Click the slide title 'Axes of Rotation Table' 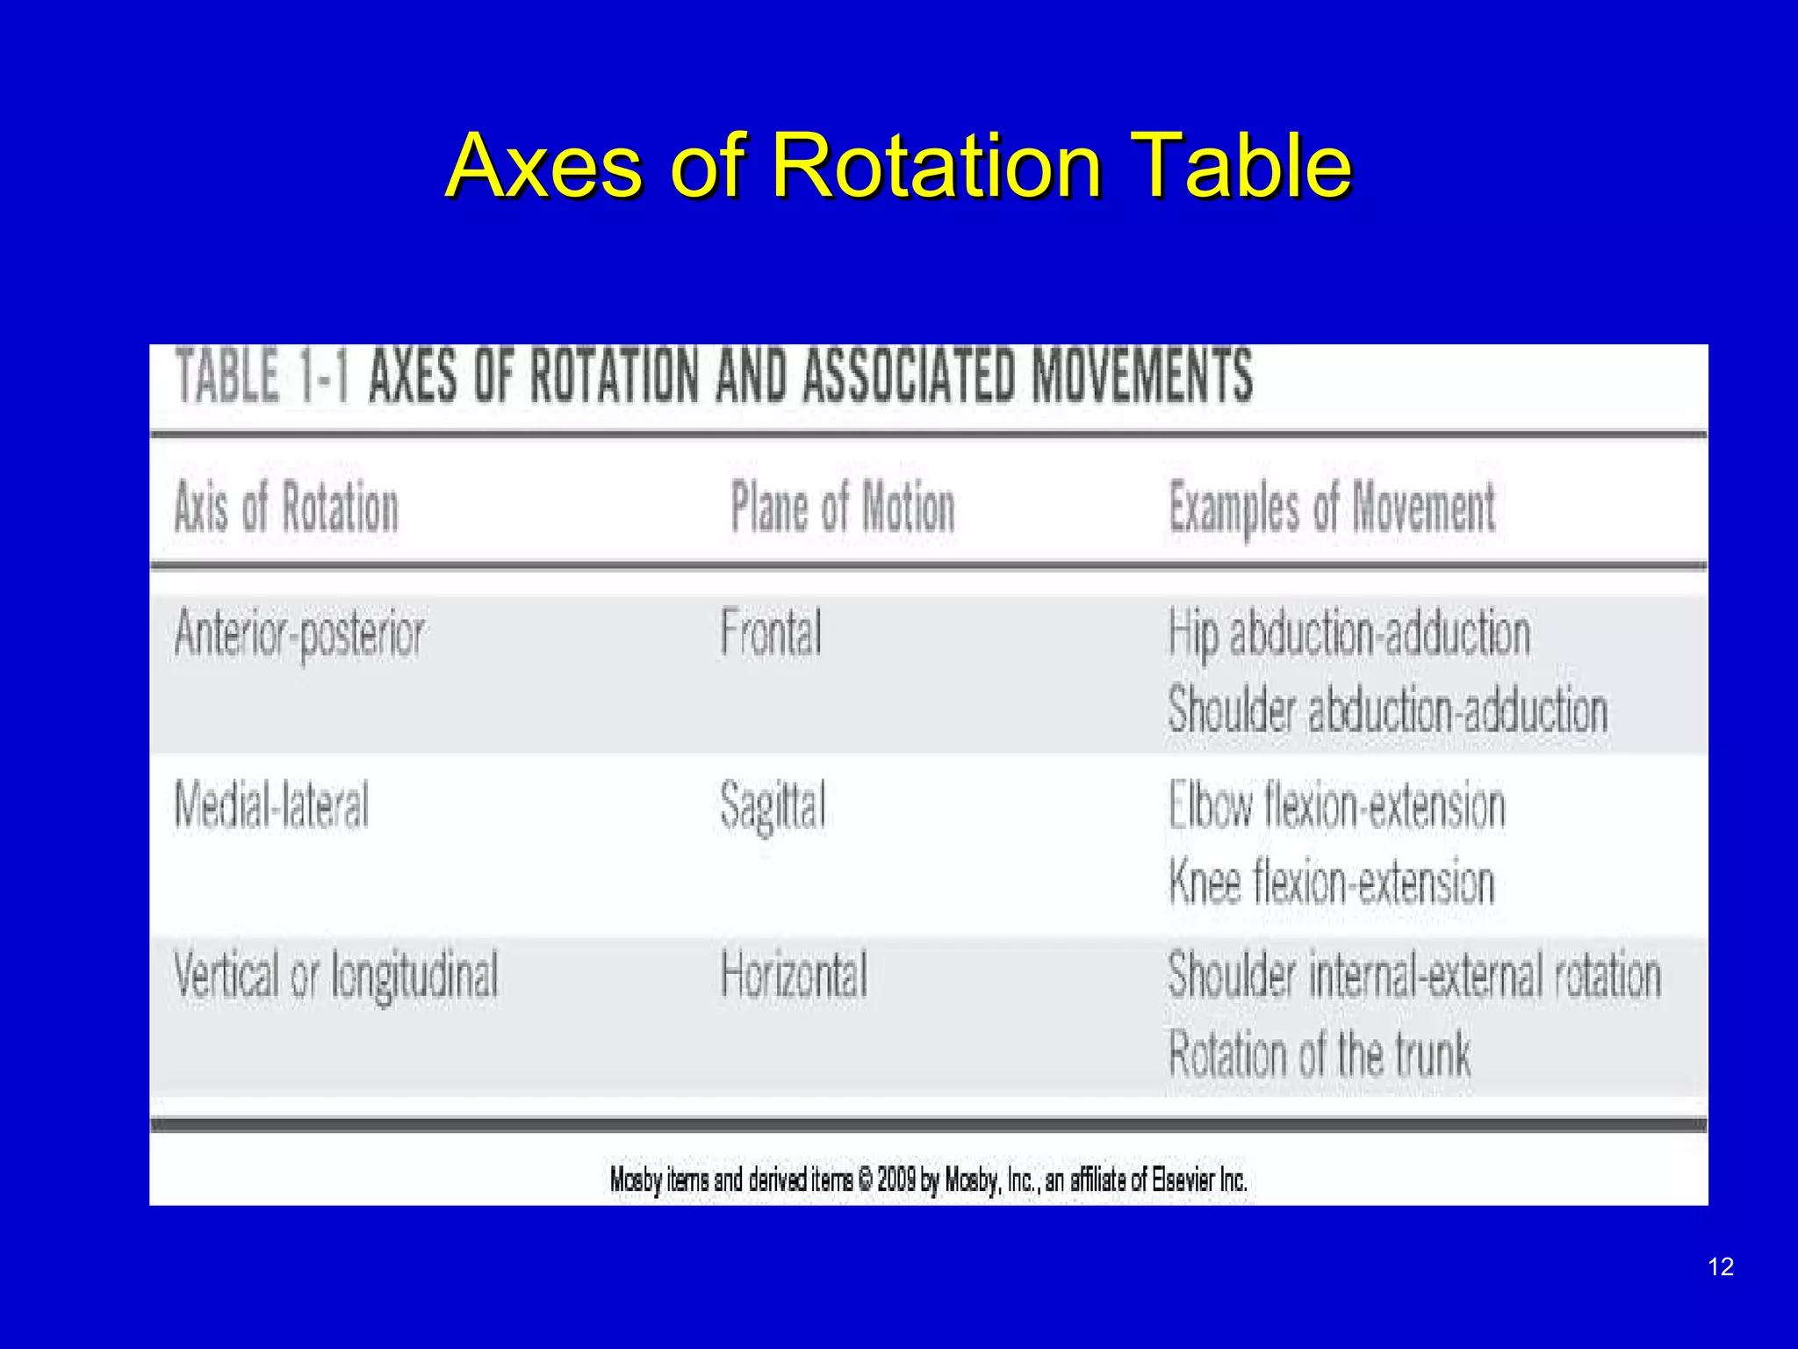click(x=898, y=166)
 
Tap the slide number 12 click(x=1721, y=1266)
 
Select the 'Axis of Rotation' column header click(x=286, y=508)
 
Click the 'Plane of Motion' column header click(x=842, y=508)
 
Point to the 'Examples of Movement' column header click(x=1332, y=508)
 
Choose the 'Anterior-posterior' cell click(x=299, y=634)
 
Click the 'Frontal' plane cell click(x=771, y=632)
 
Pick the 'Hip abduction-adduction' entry click(x=1348, y=634)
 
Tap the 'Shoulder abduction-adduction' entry click(x=1387, y=710)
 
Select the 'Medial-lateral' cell click(x=271, y=804)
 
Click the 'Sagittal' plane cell click(x=773, y=806)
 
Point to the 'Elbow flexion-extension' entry click(x=1336, y=805)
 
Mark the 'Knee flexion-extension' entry click(x=1331, y=882)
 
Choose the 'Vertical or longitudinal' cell click(x=335, y=976)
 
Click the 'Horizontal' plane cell click(x=794, y=975)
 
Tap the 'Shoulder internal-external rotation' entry click(x=1414, y=976)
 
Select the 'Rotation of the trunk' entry click(x=1319, y=1054)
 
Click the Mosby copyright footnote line click(x=928, y=1179)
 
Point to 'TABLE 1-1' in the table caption click(x=263, y=375)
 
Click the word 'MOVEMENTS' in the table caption click(x=1141, y=375)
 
